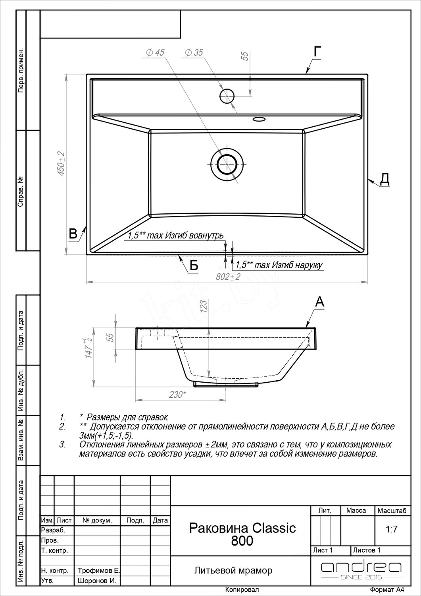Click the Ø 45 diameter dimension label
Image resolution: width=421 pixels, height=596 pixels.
[x=156, y=53]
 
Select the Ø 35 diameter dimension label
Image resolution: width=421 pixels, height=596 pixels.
[x=194, y=52]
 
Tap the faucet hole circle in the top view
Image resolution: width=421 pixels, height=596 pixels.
[x=227, y=96]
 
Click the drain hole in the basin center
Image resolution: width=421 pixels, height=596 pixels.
[x=227, y=164]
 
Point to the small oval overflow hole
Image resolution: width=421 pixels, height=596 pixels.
[x=259, y=119]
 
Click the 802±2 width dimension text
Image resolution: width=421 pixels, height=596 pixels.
[x=228, y=277]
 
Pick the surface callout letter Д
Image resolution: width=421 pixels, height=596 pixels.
[x=384, y=179]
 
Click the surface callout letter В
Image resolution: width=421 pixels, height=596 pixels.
[x=73, y=234]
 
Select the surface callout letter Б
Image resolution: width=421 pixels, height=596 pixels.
[x=194, y=265]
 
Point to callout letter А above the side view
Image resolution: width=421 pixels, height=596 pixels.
[x=319, y=302]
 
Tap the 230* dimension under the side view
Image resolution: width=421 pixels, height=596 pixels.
[x=177, y=395]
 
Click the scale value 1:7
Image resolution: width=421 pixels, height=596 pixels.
[x=392, y=529]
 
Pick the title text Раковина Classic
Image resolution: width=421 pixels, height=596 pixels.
[x=242, y=528]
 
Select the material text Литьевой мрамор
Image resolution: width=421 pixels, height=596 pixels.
[x=233, y=571]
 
